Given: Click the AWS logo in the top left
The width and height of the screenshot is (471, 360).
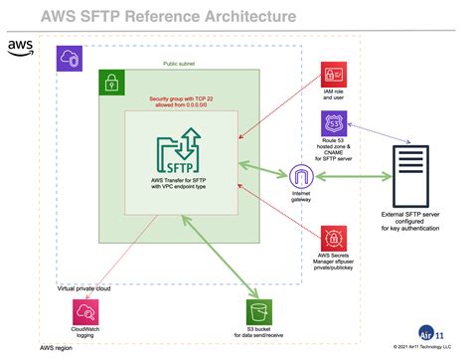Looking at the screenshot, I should [19, 47].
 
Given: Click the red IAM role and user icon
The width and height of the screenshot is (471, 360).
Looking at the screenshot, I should [332, 75].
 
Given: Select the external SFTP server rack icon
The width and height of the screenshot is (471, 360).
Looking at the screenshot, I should [411, 176].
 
